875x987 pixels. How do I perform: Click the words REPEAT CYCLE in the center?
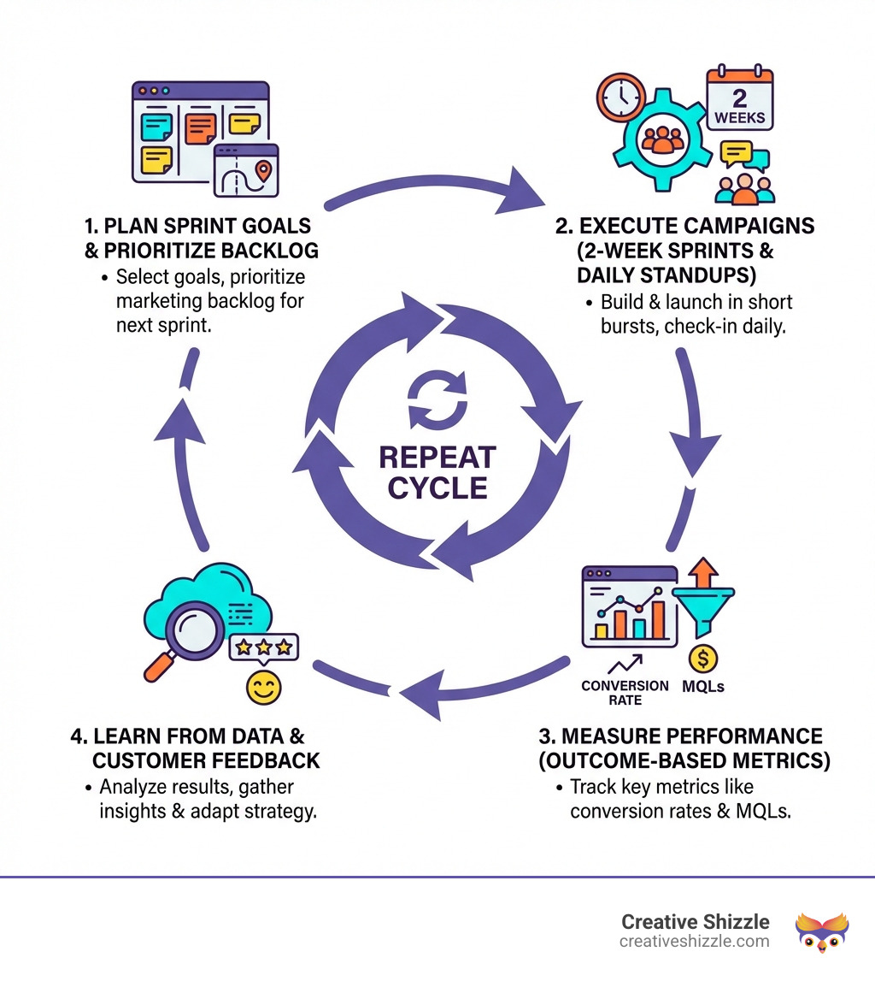pyautogui.click(x=437, y=471)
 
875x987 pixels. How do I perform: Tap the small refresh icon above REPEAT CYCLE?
pyautogui.click(x=436, y=401)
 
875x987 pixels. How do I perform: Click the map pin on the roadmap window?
pyautogui.click(x=264, y=170)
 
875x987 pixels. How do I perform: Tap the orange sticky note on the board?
pyautogui.click(x=200, y=129)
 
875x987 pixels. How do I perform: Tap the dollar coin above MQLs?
pyautogui.click(x=702, y=658)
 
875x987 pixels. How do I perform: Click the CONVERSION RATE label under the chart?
pyautogui.click(x=625, y=692)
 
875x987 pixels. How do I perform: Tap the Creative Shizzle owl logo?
pyautogui.click(x=821, y=931)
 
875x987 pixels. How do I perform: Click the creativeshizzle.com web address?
pyautogui.click(x=695, y=942)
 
